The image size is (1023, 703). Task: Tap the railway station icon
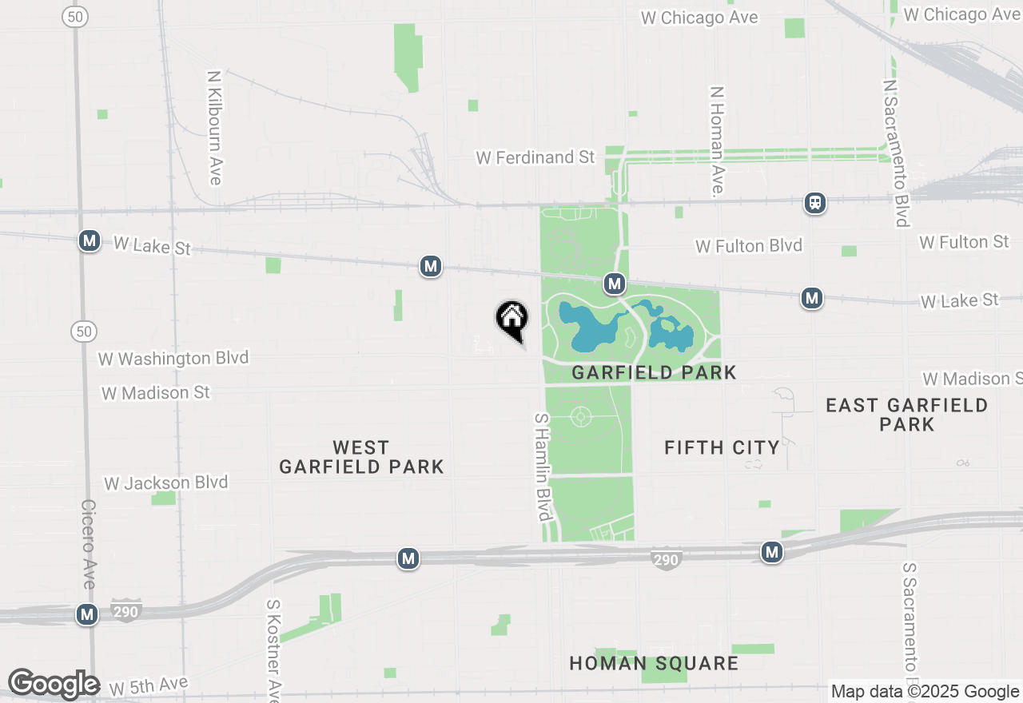pos(815,203)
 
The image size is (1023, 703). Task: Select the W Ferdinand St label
pos(535,157)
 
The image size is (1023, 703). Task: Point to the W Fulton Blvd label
pos(749,245)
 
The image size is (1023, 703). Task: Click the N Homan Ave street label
pos(716,141)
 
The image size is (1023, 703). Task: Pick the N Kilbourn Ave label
pos(214,128)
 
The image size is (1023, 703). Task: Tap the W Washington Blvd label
pos(173,358)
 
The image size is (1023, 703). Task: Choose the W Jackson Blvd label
pos(166,483)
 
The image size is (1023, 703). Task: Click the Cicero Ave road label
pos(88,544)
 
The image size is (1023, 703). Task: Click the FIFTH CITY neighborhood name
pos(722,447)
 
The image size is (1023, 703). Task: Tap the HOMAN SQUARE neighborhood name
pos(654,663)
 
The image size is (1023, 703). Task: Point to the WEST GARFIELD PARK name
pos(361,457)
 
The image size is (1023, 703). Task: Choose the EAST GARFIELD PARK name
pos(906,415)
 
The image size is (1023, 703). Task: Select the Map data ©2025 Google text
pos(925,692)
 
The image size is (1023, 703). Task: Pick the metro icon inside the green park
pos(614,283)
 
